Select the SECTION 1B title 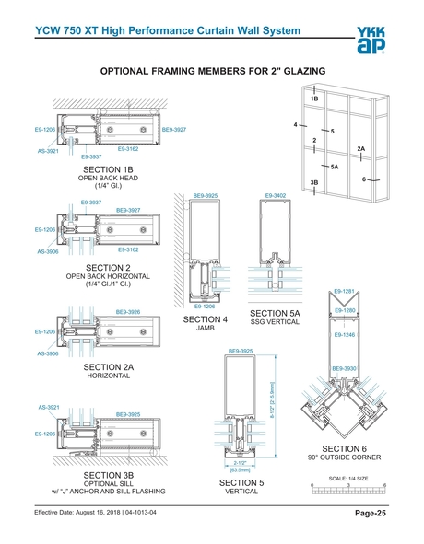pos(108,170)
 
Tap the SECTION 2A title pos(108,367)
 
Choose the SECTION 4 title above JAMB pos(206,319)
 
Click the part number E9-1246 pos(346,335)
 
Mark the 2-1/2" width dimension pos(240,463)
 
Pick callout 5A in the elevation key pos(334,167)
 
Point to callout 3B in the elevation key pos(314,182)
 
